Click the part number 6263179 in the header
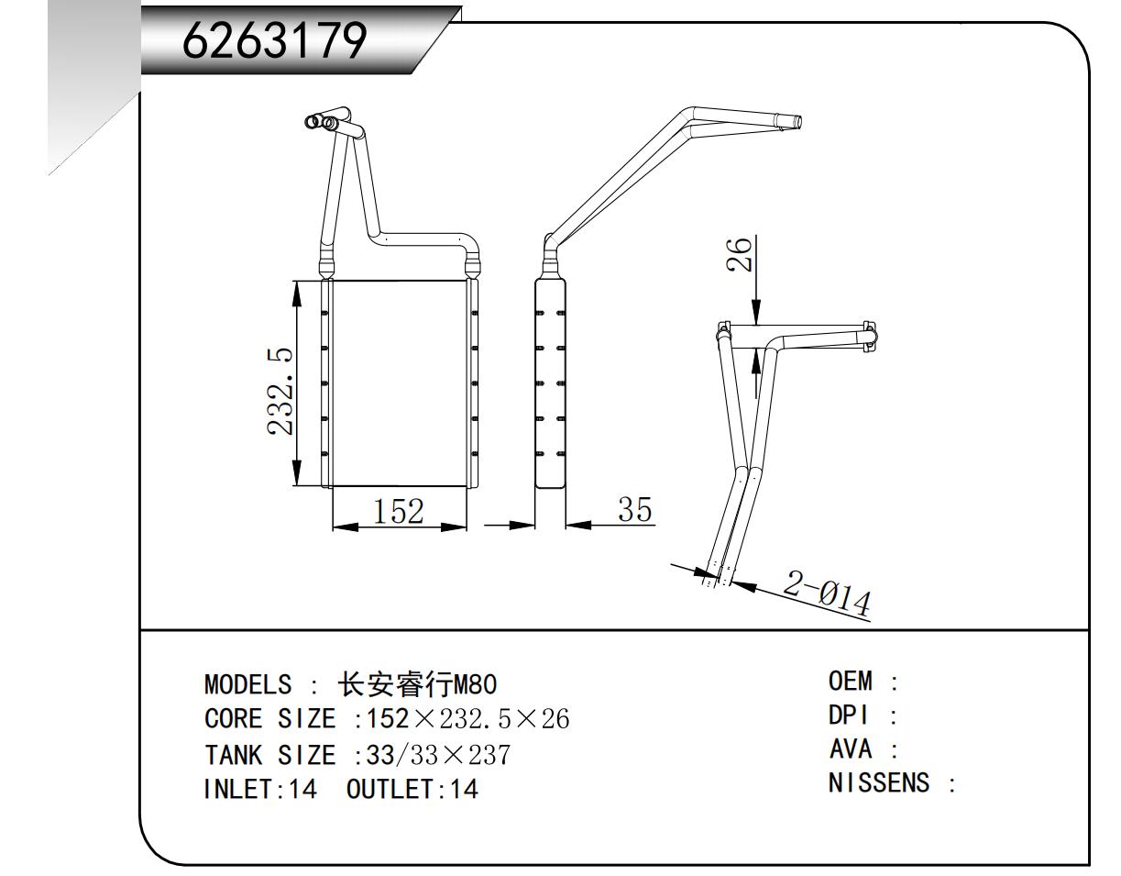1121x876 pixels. (274, 41)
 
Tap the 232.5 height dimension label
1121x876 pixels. (280, 392)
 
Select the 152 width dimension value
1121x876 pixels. (398, 512)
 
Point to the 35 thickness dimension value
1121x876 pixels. (634, 509)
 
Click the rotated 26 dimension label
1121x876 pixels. (739, 254)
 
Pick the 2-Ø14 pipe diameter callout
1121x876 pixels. (827, 594)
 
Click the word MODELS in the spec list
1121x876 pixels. (248, 684)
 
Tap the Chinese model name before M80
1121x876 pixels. (395, 684)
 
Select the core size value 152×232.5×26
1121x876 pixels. (467, 719)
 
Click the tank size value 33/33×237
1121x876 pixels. (438, 755)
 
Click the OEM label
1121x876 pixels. (851, 681)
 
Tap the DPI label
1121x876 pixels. (849, 715)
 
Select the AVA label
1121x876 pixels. (851, 749)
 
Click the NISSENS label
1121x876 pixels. (879, 783)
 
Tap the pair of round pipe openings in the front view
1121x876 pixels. (321, 122)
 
